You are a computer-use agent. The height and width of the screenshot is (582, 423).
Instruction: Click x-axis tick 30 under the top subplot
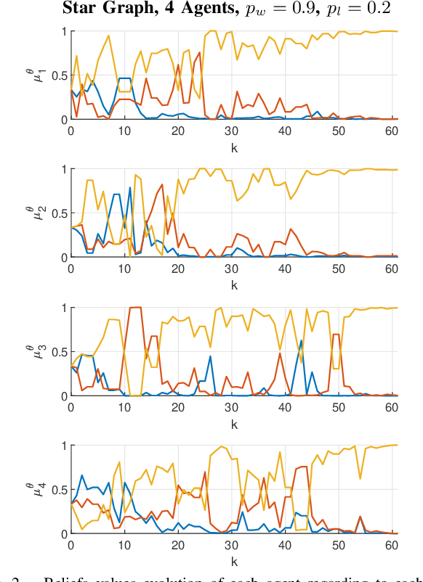tap(231, 130)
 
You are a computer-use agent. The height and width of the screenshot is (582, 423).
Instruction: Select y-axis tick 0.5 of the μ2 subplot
tap(57, 213)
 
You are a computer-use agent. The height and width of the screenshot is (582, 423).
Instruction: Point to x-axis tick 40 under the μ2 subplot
tap(285, 268)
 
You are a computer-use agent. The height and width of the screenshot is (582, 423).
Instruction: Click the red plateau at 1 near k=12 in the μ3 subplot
tap(134, 308)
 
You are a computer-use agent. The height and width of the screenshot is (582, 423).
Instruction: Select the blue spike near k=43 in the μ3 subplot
tap(301, 340)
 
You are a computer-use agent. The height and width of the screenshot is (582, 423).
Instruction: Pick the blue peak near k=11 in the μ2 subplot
tap(130, 188)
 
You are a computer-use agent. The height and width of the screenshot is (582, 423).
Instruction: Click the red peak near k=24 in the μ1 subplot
tap(200, 52)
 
